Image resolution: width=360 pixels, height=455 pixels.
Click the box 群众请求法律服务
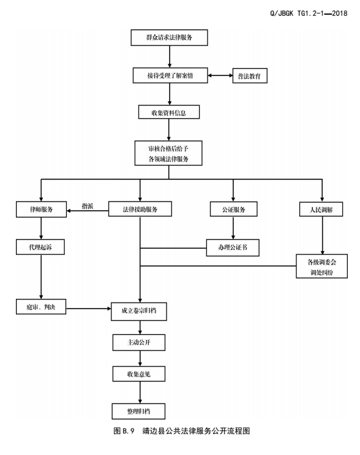(169, 37)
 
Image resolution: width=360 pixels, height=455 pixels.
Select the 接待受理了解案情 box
(170, 75)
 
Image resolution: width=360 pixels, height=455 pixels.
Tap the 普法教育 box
(250, 76)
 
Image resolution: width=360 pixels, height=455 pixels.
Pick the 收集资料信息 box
(169, 112)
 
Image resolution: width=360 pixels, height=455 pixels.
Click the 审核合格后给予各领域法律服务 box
(168, 153)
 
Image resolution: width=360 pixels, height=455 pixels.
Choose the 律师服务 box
(41, 209)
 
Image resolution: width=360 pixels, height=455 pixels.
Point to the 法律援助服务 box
(140, 209)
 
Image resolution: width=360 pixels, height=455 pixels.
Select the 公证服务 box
(233, 209)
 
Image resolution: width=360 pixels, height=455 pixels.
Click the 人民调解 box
(321, 209)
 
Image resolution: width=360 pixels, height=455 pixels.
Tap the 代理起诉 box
(40, 247)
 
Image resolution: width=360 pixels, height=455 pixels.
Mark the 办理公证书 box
(233, 247)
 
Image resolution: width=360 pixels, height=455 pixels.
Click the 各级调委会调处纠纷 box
(321, 266)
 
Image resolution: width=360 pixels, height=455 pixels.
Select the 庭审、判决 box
(41, 307)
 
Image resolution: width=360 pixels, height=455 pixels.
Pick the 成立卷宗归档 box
(139, 311)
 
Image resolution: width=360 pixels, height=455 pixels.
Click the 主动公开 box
(139, 342)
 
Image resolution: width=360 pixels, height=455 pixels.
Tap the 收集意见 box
(139, 374)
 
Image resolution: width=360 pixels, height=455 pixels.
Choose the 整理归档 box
(138, 411)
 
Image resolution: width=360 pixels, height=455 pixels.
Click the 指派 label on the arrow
(88, 206)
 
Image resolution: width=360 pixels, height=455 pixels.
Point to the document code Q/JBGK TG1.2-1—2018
(309, 13)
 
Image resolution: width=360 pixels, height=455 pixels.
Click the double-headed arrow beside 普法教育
(220, 75)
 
